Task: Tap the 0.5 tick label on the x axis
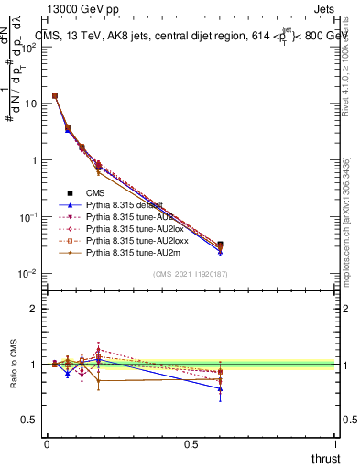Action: click(x=191, y=444)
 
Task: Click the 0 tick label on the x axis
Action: click(x=47, y=444)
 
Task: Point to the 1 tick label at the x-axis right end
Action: click(x=336, y=444)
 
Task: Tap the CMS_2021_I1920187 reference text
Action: click(x=191, y=275)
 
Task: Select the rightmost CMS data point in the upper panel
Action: click(x=220, y=245)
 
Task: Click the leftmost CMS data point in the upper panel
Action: click(x=55, y=95)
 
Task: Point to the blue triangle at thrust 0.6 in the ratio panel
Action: click(x=220, y=388)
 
